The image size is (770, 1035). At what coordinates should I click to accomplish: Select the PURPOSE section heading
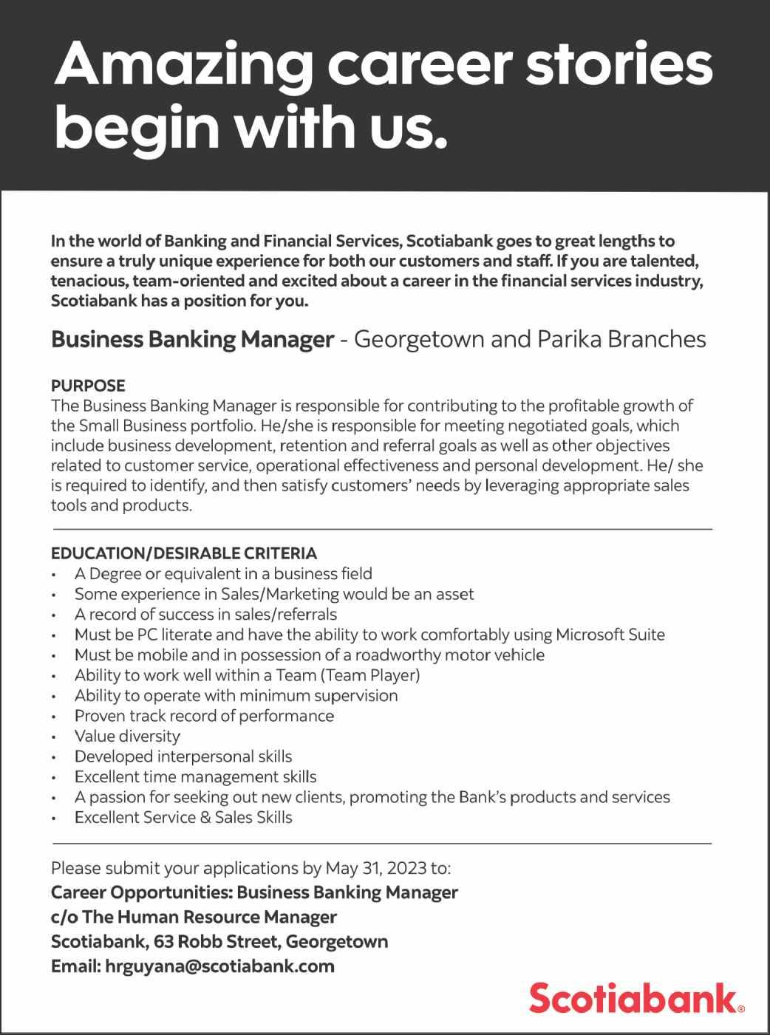pos(88,386)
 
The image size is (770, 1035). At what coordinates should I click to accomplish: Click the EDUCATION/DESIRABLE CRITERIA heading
pos(184,553)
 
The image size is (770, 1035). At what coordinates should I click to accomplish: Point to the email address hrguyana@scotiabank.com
pos(220,966)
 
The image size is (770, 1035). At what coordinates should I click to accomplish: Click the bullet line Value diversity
pos(127,737)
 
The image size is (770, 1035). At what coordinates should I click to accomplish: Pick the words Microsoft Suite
pos(610,635)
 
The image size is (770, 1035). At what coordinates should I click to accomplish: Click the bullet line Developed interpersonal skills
pos(183,756)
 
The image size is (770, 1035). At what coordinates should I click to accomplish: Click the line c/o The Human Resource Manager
pos(194,918)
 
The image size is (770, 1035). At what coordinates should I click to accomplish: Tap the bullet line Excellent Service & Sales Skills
pos(183,818)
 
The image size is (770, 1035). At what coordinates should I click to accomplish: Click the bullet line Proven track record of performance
pos(204,716)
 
